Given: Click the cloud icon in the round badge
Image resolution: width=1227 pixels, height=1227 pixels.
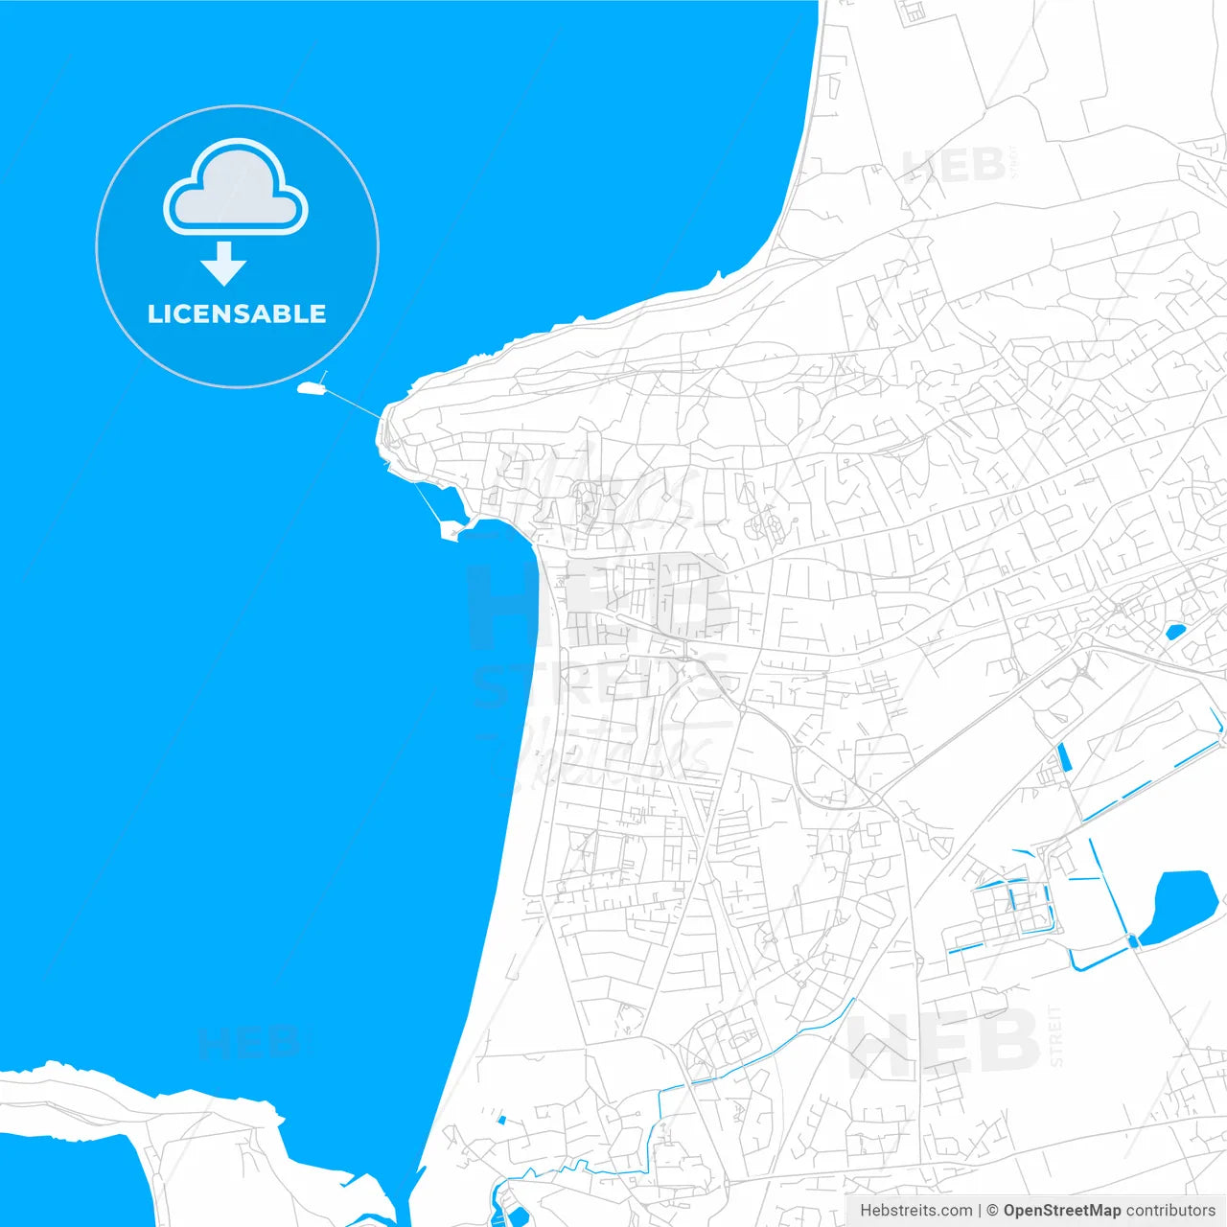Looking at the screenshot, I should (x=236, y=188).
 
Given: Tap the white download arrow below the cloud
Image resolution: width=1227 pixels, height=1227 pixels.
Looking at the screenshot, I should (x=224, y=264).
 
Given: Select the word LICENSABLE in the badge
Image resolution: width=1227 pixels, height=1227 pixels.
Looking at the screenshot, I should (x=237, y=313).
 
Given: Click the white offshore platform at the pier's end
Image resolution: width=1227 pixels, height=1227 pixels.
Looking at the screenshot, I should (x=311, y=388).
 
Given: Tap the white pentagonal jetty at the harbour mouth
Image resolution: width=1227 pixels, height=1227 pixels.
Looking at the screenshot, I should (x=449, y=529).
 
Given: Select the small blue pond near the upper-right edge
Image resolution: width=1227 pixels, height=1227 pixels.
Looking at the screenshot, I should (x=1174, y=631).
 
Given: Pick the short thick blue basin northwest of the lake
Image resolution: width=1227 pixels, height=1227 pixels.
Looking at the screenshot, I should (x=1063, y=759).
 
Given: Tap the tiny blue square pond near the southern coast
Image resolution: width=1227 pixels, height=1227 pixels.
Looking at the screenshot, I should (x=501, y=1120).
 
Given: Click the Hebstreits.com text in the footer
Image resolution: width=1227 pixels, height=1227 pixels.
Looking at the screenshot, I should (x=915, y=1211).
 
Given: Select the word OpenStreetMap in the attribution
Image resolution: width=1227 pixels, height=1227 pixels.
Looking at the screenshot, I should (x=1061, y=1211).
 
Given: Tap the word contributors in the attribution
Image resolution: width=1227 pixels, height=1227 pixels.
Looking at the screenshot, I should (x=1169, y=1211).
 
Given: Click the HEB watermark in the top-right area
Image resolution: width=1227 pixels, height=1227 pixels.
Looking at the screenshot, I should (x=954, y=166).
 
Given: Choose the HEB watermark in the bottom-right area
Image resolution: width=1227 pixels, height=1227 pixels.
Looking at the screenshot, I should (x=944, y=1043).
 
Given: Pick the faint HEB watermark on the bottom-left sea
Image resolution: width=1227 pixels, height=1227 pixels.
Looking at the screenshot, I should (x=249, y=1043).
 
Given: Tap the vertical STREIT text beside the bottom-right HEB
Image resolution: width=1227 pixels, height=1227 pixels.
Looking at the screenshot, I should (x=1055, y=1035).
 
